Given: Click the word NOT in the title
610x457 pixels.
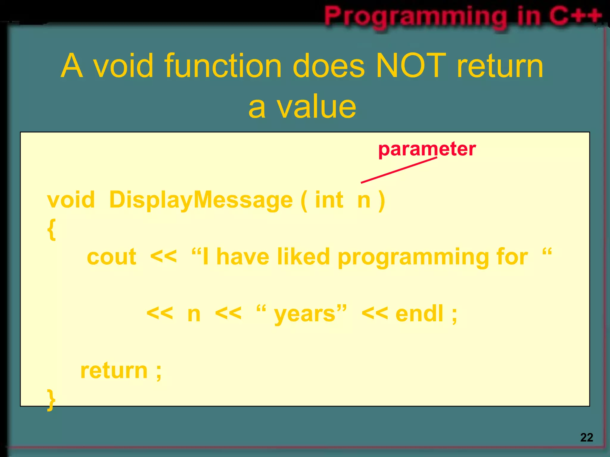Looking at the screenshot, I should [411, 66].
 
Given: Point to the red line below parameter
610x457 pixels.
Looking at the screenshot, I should [399, 170].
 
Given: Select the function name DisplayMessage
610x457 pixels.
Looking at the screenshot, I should [201, 200].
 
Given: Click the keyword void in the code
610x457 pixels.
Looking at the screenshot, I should [71, 200].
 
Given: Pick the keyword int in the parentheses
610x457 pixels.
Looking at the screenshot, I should [329, 200].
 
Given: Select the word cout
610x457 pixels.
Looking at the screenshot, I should [111, 257].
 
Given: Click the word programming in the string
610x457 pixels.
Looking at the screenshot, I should [413, 257].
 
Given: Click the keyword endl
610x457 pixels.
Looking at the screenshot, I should [419, 314].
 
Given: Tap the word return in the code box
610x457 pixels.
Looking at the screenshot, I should [114, 371].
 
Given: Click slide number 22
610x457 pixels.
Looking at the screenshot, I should [586, 437].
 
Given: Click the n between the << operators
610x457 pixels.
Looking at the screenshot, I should [194, 314].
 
